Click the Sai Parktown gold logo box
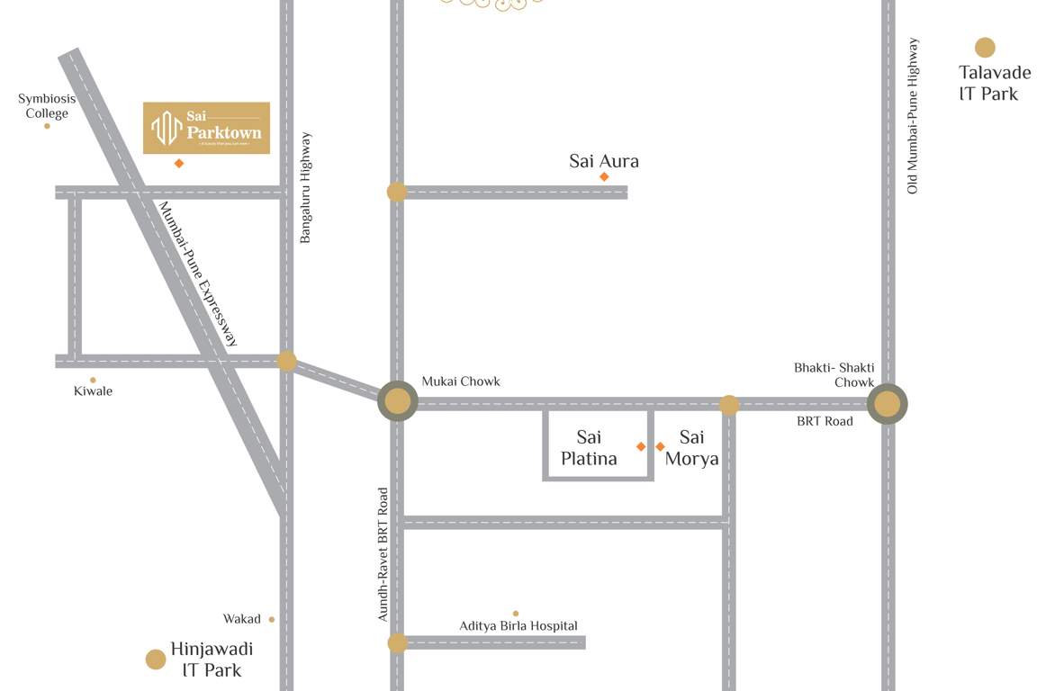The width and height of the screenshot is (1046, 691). tap(207, 128)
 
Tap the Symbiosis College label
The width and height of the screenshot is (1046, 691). tap(47, 106)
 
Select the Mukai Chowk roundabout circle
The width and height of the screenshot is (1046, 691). tap(397, 401)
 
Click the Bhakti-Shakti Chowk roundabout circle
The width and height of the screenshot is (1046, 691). tap(888, 405)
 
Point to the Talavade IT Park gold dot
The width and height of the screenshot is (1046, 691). tap(985, 48)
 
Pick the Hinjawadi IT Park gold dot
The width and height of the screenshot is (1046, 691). tap(156, 660)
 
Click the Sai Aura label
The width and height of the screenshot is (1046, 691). tap(604, 161)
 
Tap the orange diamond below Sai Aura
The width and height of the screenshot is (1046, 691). tap(604, 176)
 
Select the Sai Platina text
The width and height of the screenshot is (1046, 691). tap(589, 448)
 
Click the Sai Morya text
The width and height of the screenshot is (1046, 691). tap(691, 448)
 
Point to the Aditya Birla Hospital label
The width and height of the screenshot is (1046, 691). tap(518, 625)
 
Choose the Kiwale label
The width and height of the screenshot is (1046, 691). tap(93, 391)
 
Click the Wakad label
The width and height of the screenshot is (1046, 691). tap(242, 619)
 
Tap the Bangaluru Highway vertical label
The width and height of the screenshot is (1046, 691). tap(306, 188)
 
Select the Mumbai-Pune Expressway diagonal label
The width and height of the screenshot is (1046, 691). tap(199, 274)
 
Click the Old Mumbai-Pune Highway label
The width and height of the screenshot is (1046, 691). tap(913, 115)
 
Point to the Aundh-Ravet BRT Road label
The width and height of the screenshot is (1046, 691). tap(383, 554)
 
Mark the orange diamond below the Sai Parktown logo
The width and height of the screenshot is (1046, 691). tap(179, 163)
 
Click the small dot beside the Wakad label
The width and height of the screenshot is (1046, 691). tap(272, 619)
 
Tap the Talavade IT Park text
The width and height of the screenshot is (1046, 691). tap(994, 83)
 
